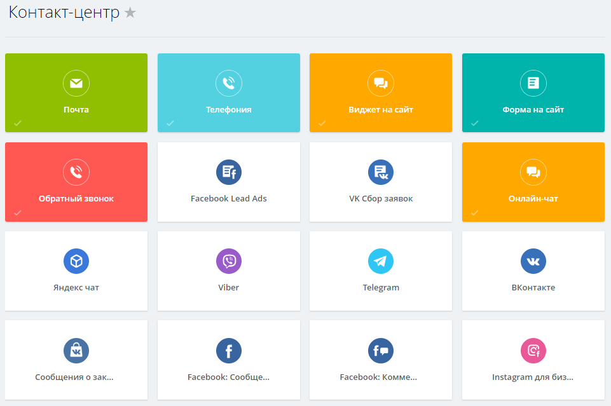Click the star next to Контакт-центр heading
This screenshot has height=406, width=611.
(x=130, y=13)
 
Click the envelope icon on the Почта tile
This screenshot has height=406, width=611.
(x=76, y=83)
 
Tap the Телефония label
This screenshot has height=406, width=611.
(x=228, y=110)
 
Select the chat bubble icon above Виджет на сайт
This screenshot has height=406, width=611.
(x=381, y=83)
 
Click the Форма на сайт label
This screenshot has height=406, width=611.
(x=533, y=110)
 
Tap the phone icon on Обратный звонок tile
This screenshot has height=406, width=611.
(x=76, y=172)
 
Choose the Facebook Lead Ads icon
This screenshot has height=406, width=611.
(x=229, y=172)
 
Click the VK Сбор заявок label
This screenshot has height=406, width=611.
(x=381, y=199)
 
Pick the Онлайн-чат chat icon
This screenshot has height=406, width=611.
(x=533, y=172)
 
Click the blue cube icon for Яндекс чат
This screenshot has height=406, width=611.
(x=76, y=261)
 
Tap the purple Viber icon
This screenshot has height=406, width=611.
(x=229, y=261)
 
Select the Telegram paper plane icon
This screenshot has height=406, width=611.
(x=381, y=261)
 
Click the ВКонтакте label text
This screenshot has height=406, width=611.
(x=533, y=288)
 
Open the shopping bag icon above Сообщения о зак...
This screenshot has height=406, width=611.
(x=76, y=350)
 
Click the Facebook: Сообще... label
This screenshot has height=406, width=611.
(x=228, y=377)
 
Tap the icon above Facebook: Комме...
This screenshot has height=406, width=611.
(x=381, y=350)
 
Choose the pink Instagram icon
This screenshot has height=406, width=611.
(x=533, y=350)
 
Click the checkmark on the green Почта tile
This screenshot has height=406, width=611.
(x=18, y=123)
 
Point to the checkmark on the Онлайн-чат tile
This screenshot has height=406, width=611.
(x=475, y=212)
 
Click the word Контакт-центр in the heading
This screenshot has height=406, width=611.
(x=64, y=13)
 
